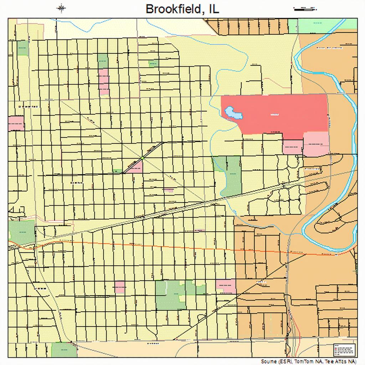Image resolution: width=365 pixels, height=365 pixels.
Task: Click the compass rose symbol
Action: point(61,8)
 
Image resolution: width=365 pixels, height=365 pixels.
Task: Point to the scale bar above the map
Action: point(305,9)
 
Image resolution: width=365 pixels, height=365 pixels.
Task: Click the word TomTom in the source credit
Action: point(303,361)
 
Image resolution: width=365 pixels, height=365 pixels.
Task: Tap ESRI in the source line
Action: point(284,361)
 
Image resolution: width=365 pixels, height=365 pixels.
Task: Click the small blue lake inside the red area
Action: point(233,113)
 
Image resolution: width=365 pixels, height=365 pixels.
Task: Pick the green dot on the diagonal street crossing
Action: point(142,158)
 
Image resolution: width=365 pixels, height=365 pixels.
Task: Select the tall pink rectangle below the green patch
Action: point(104,82)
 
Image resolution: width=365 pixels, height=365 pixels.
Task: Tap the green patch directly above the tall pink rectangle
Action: point(103,61)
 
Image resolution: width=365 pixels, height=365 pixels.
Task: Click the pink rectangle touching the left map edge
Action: point(16,123)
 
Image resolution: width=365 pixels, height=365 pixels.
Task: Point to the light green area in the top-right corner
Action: point(323,26)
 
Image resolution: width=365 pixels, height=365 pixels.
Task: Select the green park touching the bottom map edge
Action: point(64,350)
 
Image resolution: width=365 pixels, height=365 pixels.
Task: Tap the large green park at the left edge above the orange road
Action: point(21,232)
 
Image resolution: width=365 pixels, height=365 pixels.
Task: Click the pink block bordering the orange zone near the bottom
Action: point(226,286)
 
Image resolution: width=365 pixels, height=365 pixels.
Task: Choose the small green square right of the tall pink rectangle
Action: point(154,64)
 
